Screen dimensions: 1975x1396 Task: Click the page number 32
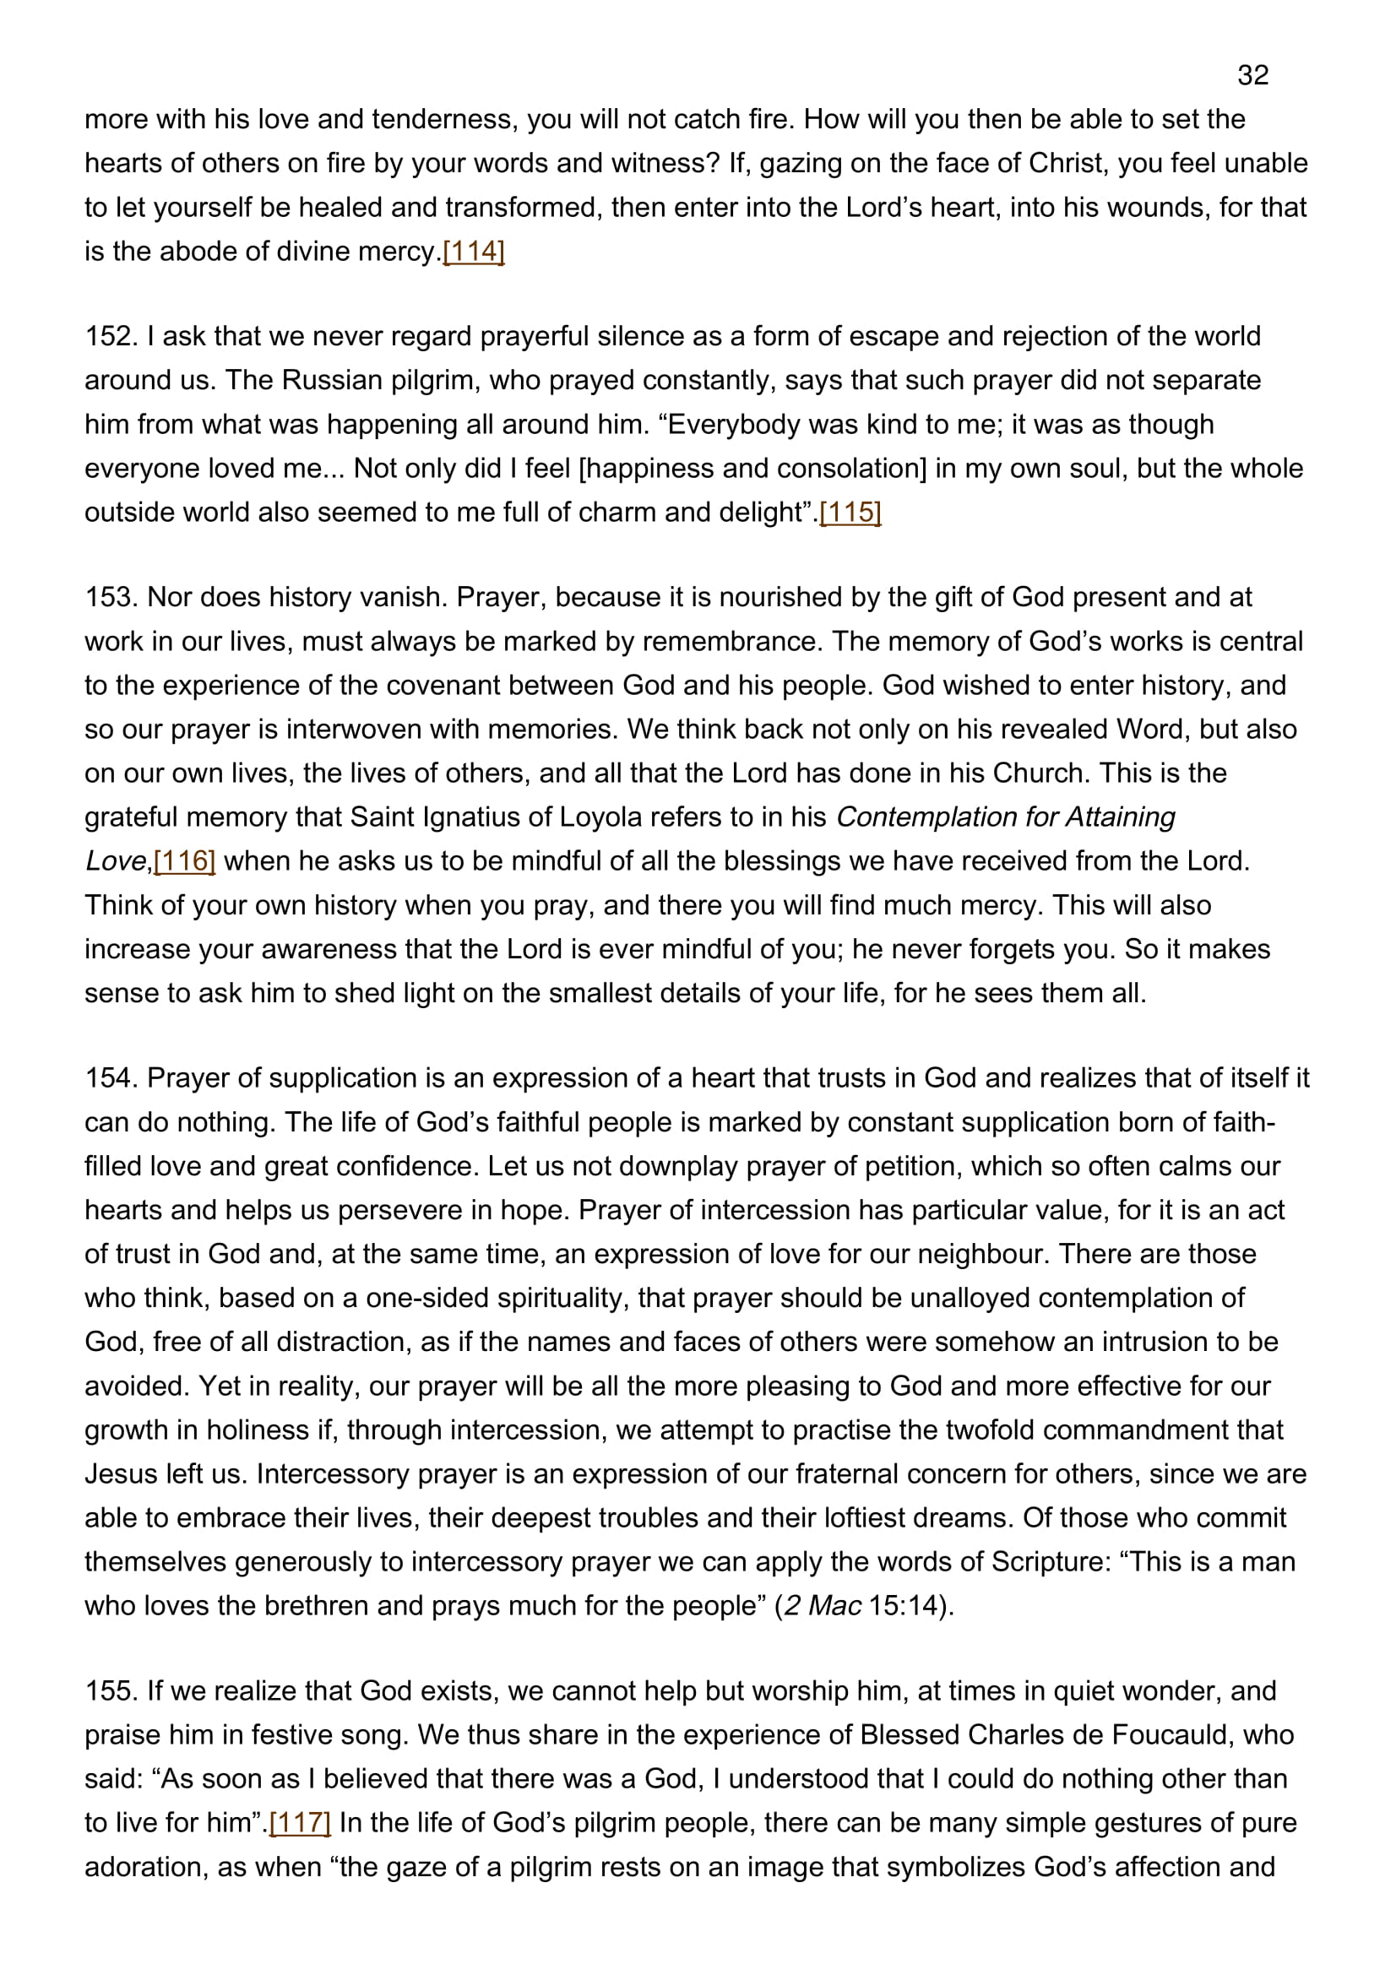[x=1252, y=76]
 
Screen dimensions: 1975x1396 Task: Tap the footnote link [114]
[x=473, y=251]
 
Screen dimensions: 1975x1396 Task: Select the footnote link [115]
[x=850, y=513]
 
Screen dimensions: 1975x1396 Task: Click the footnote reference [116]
[x=184, y=861]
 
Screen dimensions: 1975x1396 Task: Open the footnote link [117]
[x=300, y=1823]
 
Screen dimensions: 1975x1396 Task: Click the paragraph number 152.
[x=111, y=336]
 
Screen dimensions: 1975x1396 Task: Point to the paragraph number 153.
[x=111, y=597]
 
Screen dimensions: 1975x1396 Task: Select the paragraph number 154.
[x=111, y=1077]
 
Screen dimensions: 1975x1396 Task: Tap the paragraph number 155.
[x=111, y=1691]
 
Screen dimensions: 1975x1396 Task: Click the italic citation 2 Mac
[x=823, y=1606]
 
